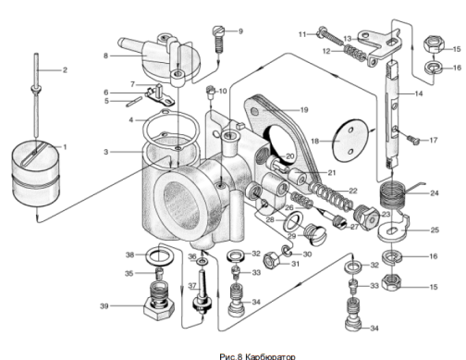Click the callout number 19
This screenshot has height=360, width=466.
coord(304,110)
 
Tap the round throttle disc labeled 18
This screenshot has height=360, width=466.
coord(350,140)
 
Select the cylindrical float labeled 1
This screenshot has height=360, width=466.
coord(35,173)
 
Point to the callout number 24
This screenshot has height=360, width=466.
coord(435,193)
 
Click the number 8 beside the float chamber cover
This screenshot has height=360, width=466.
coord(105,56)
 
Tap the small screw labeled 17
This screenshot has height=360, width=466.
coord(413,140)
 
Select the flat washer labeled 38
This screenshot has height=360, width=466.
coord(159,255)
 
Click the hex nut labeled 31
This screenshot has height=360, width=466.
coord(272,261)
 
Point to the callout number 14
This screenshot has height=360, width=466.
coord(419,93)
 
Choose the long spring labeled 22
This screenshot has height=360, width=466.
coord(331,197)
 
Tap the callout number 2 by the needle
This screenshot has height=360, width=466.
coord(65,70)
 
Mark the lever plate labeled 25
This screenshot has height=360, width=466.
coord(393,228)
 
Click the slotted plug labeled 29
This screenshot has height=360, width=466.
coord(315,235)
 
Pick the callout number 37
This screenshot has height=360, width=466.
coord(192,286)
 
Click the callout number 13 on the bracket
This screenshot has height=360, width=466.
coord(348,39)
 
